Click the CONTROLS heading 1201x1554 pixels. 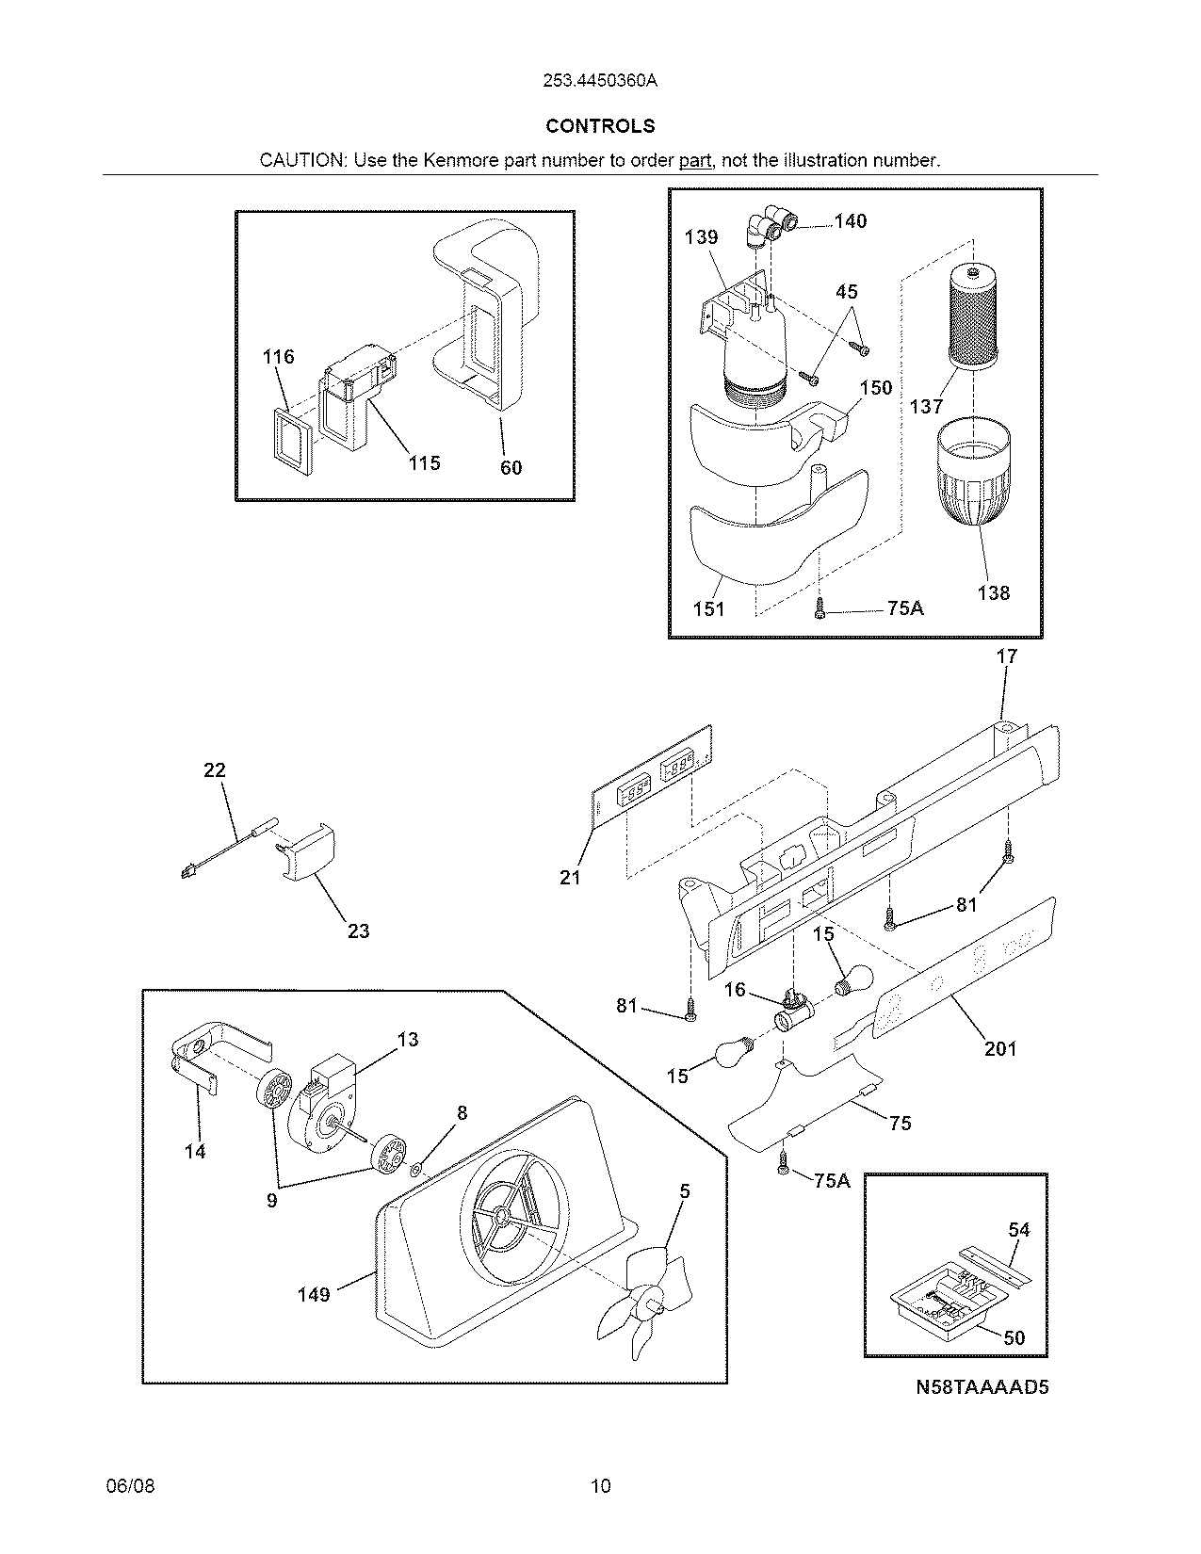coord(600,126)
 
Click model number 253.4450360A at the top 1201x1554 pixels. coord(600,81)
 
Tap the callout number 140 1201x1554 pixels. coord(850,221)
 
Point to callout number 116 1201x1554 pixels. coord(278,357)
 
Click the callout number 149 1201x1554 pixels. coord(314,1295)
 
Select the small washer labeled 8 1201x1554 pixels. coord(416,1169)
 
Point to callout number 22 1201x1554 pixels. coord(215,770)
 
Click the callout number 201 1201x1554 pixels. coord(1000,1048)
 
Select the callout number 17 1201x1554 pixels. coord(1007,656)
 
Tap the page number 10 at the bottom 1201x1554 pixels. coord(600,1487)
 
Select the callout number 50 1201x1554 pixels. coord(1014,1337)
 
